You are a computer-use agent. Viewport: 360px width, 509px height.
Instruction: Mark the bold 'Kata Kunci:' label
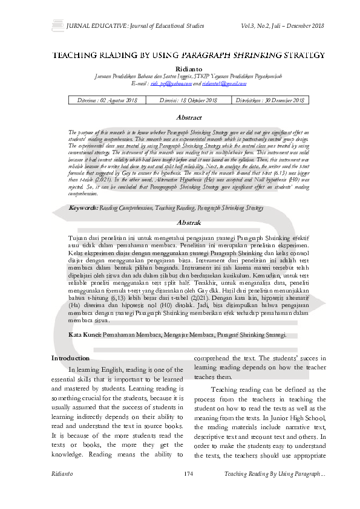pos(85,334)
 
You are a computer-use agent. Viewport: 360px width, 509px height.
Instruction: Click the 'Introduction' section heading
pos(70,358)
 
